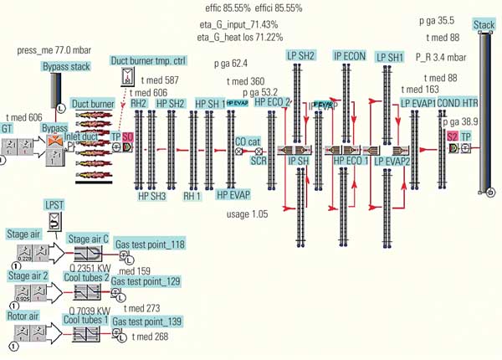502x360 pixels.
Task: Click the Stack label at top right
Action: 484,24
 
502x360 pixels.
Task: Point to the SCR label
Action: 259,160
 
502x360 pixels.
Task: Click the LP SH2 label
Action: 301,55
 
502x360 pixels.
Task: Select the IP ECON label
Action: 349,56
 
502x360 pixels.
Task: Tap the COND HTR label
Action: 458,102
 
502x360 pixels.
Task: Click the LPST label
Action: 54,205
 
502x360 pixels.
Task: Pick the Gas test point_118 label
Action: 150,244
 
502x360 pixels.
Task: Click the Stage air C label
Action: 88,238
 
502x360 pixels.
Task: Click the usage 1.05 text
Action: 248,214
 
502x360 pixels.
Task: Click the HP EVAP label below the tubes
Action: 233,194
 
